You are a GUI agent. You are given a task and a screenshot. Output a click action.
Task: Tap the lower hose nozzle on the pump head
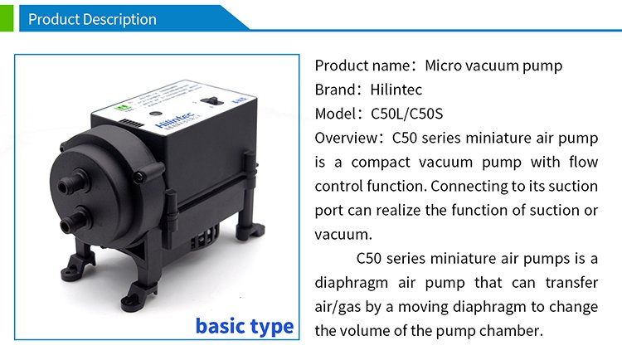point(74,220)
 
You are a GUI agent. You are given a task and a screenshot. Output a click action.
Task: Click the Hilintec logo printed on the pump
point(174,120)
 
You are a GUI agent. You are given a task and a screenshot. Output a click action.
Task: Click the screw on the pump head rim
point(138,176)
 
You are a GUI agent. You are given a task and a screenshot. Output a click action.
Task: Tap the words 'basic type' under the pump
point(245,327)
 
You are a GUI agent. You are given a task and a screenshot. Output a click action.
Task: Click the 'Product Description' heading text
point(92,19)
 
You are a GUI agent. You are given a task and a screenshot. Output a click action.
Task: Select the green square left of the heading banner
point(7,18)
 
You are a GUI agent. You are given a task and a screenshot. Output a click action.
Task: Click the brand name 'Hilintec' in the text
point(396,90)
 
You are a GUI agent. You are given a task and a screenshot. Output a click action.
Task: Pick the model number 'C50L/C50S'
point(406,114)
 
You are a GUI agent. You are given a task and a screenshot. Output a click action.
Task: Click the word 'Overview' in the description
point(346,139)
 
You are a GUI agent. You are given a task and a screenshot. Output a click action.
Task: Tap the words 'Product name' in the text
point(362,66)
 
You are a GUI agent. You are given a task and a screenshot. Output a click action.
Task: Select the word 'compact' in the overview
point(381,163)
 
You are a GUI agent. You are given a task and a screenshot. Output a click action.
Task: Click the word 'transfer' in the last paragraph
point(571,283)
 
